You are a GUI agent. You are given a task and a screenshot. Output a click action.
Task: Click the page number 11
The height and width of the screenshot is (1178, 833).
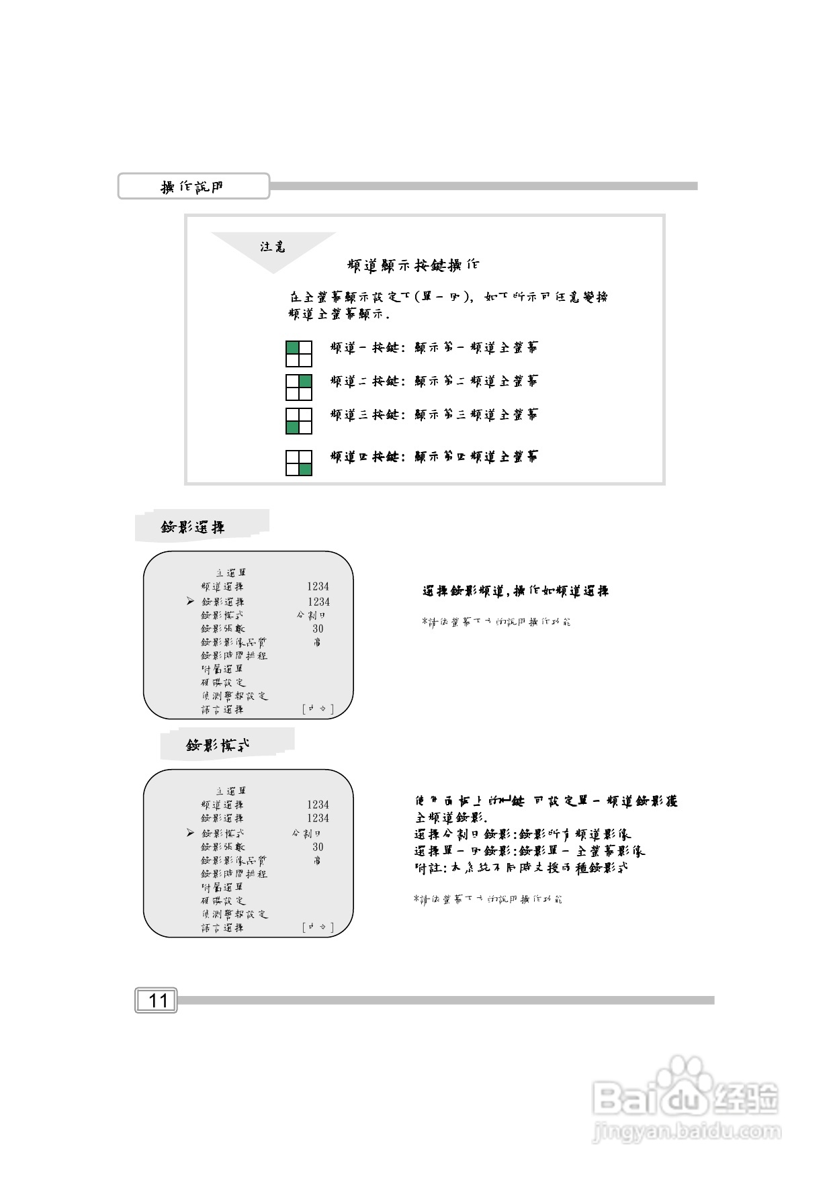157,1001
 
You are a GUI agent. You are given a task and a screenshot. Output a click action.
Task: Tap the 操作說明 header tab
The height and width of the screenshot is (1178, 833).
193,187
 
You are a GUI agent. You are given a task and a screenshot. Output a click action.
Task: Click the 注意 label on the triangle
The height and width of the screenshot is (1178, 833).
273,247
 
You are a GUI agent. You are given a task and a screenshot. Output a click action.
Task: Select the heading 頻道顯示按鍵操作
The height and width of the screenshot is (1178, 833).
413,265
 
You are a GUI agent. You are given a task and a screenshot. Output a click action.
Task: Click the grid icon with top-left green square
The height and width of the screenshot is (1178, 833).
299,353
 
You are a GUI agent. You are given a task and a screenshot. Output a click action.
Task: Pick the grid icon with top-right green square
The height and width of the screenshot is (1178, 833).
299,388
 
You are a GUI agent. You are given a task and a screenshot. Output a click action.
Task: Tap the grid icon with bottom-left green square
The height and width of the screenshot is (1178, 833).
299,421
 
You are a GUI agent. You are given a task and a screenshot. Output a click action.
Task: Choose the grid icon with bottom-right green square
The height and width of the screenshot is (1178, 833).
299,463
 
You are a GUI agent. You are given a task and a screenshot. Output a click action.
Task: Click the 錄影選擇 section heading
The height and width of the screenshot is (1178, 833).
193,527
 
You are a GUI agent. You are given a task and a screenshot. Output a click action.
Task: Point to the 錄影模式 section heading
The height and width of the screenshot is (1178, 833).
218,745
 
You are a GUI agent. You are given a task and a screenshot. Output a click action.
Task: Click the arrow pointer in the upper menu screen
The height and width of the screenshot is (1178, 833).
191,601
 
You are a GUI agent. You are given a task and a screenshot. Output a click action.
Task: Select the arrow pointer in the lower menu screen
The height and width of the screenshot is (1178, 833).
191,833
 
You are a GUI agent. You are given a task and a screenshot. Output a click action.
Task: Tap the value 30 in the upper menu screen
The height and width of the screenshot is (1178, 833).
318,629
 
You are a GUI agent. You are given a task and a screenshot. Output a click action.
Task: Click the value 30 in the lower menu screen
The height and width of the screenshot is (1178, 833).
318,847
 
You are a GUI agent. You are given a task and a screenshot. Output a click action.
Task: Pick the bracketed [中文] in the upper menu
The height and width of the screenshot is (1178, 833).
318,709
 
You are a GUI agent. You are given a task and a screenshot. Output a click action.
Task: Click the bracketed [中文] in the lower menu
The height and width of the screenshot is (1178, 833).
318,927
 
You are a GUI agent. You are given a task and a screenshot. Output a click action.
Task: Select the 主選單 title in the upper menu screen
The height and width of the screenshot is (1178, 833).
230,573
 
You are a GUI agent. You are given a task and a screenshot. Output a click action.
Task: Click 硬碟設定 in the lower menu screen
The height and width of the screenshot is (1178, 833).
223,901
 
